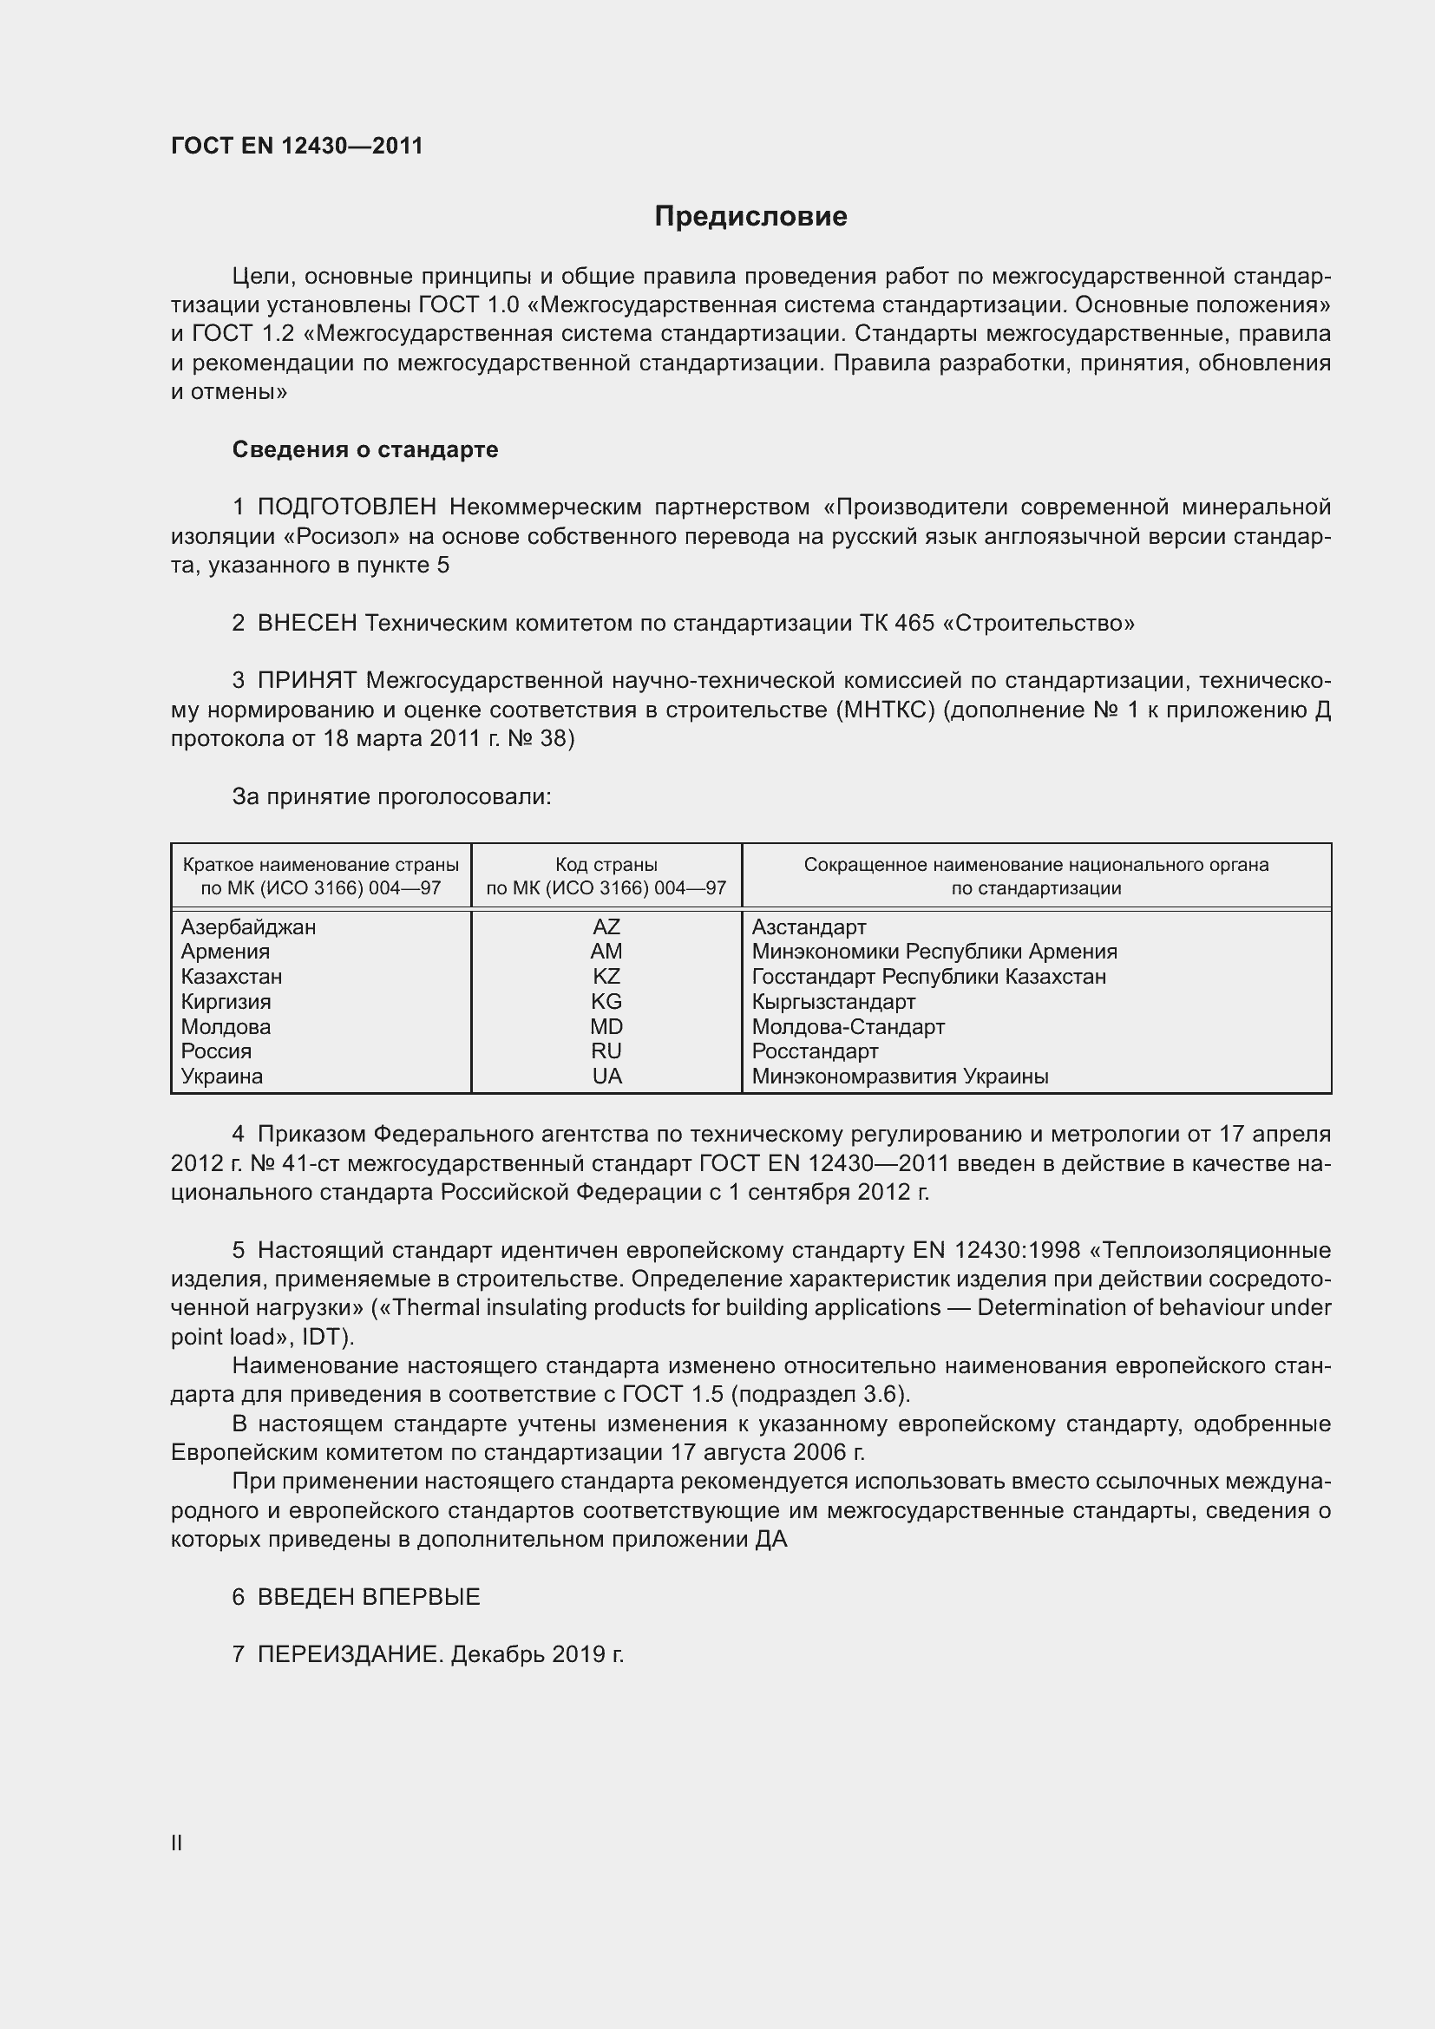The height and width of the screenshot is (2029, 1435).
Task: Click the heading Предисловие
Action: (x=750, y=217)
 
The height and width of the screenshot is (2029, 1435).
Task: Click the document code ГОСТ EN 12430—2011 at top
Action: (x=297, y=146)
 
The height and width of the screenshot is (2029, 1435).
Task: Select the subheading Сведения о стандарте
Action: (x=365, y=450)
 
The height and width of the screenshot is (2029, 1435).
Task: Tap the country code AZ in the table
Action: (x=606, y=927)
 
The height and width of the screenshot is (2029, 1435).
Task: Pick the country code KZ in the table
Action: (x=606, y=977)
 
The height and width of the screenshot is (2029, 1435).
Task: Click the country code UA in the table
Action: (x=607, y=1077)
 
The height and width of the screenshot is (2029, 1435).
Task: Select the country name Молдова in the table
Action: (x=226, y=1027)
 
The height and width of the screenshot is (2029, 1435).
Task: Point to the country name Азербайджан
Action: (x=248, y=927)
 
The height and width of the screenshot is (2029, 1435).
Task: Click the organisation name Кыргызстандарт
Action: (x=833, y=1002)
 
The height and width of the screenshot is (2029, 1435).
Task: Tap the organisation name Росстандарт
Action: (x=815, y=1051)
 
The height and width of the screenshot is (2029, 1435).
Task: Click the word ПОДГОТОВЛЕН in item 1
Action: (x=347, y=507)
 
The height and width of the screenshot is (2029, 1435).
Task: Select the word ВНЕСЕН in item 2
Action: (x=307, y=624)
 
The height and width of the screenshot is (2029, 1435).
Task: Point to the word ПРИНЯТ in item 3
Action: (x=307, y=681)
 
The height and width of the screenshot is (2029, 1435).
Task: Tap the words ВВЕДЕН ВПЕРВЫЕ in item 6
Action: (x=369, y=1597)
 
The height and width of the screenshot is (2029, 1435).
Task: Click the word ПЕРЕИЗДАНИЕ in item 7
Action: (x=348, y=1654)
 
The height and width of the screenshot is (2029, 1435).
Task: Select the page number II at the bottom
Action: (x=177, y=1843)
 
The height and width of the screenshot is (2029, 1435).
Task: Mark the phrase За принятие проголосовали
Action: (x=391, y=797)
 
